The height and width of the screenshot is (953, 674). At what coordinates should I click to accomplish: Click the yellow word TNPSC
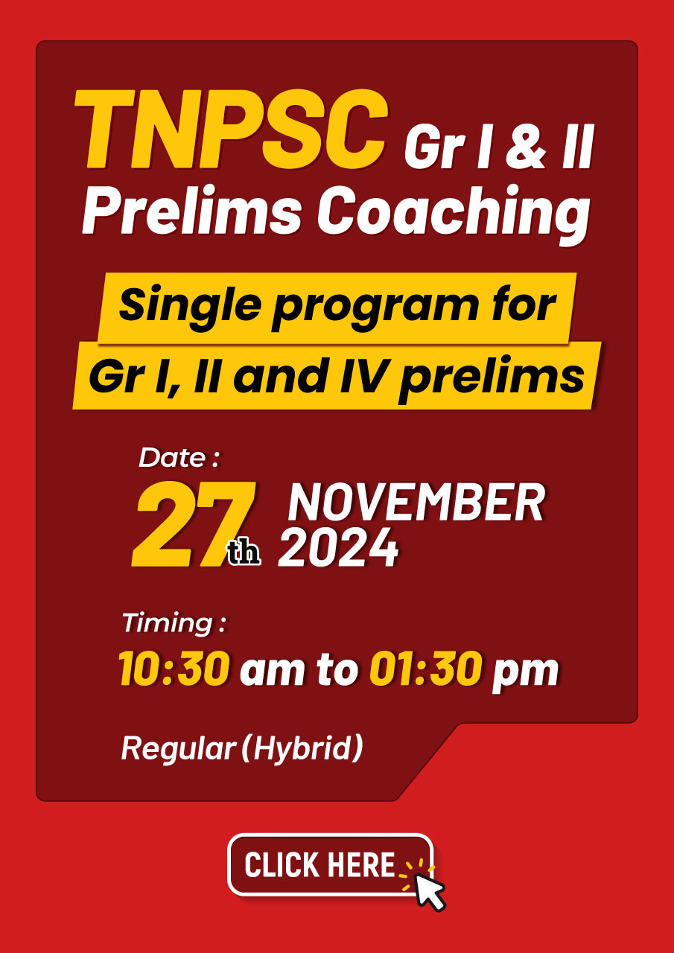pyautogui.click(x=231, y=129)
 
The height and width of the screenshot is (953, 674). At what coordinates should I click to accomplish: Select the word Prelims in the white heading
pyautogui.click(x=192, y=211)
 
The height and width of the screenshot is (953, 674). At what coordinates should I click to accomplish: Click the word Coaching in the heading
pyautogui.click(x=454, y=215)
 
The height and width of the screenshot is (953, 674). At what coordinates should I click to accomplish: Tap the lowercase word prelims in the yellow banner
pyautogui.click(x=492, y=379)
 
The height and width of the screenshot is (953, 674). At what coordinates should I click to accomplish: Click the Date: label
pyautogui.click(x=179, y=458)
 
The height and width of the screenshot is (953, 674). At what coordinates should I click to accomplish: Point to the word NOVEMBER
pyautogui.click(x=416, y=503)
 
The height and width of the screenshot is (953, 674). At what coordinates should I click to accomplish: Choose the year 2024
pyautogui.click(x=338, y=547)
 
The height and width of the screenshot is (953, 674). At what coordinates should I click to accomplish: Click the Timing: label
pyautogui.click(x=174, y=623)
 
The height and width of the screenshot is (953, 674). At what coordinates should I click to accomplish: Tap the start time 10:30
pyautogui.click(x=174, y=669)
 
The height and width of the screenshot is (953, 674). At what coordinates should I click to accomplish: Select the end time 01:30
pyautogui.click(x=425, y=669)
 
